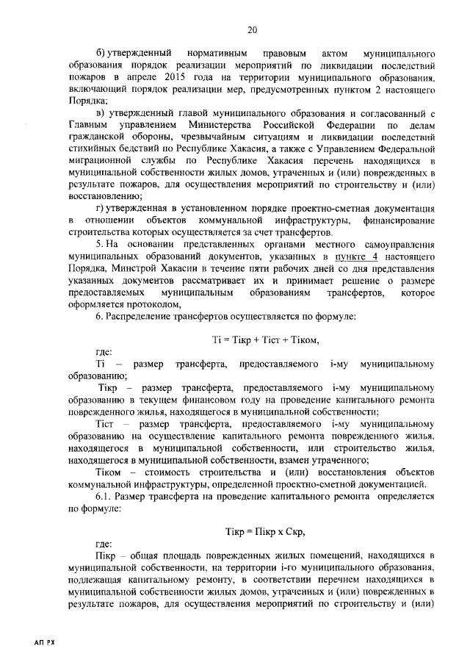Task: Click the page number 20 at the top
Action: (x=251, y=29)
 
